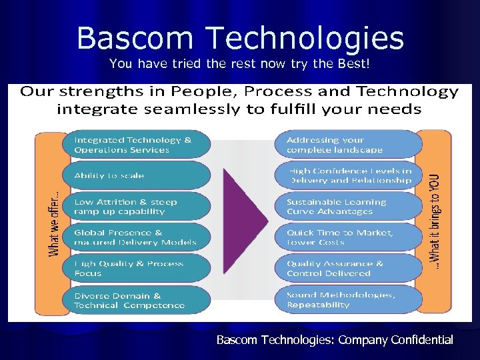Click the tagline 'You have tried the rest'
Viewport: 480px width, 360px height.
[239, 64]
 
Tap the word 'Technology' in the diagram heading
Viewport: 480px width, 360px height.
[407, 92]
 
